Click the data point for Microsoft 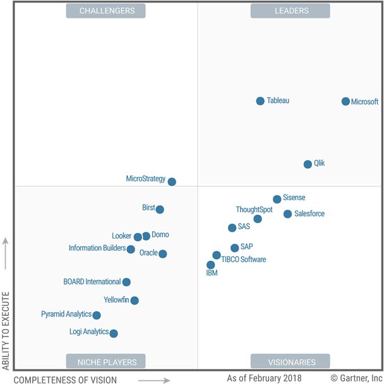click(345, 101)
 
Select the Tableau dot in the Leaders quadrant click(260, 101)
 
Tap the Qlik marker click(308, 164)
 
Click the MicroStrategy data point click(172, 182)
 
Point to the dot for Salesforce click(288, 214)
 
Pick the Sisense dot click(277, 199)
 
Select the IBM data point click(211, 265)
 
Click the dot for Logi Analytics click(114, 333)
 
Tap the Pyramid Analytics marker click(97, 315)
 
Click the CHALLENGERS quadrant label click(105, 11)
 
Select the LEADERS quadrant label click(290, 11)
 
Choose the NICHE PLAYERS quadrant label click(105, 362)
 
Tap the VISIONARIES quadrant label click(290, 362)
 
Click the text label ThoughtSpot click(254, 210)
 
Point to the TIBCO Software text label click(244, 260)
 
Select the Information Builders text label click(97, 248)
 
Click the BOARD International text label click(92, 282)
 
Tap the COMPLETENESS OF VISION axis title click(65, 380)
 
